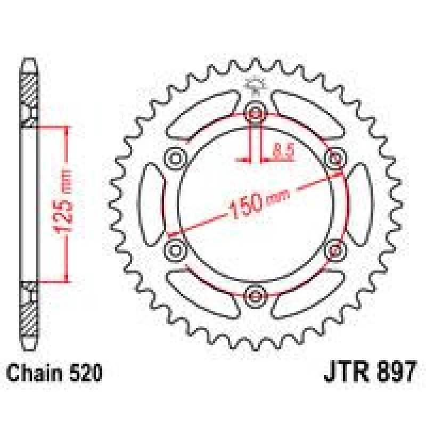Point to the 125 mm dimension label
click(65, 202)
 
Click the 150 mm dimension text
click(259, 202)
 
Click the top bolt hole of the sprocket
click(255, 113)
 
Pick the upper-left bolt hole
click(176, 158)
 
